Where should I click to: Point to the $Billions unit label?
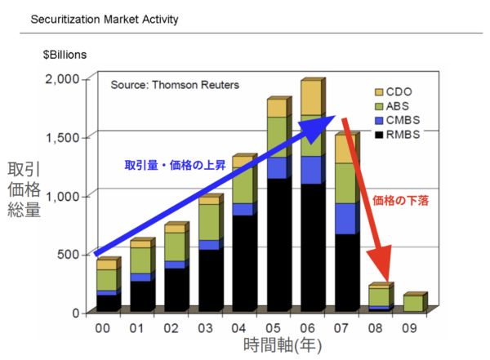(65, 55)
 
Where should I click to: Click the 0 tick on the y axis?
(76, 313)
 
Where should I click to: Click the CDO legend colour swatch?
(379, 91)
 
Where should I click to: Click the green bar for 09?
(413, 304)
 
